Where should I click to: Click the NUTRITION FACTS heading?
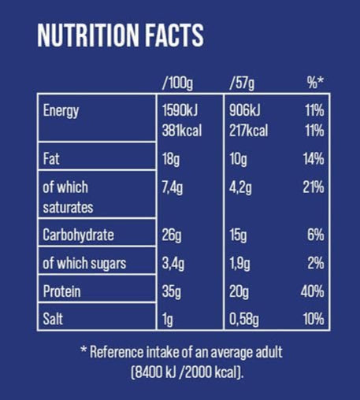(x=121, y=35)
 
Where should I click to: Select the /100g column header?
(x=177, y=82)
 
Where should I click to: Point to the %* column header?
(x=314, y=82)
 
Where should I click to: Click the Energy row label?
(x=61, y=110)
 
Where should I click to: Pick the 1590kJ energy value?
(x=181, y=110)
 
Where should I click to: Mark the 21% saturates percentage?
(x=313, y=187)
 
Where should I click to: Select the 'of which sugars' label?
(x=84, y=264)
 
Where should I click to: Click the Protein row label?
(x=62, y=292)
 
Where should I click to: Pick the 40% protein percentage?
(x=312, y=292)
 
